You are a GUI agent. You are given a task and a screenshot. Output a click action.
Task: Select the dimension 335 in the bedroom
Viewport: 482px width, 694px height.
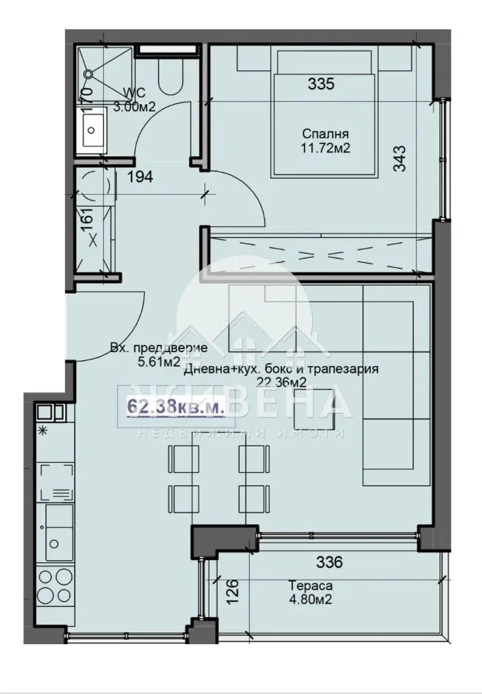321,84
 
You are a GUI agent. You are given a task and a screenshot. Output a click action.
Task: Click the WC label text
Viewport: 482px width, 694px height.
136,92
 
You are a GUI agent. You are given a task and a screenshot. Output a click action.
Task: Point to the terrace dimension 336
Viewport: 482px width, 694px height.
330,563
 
